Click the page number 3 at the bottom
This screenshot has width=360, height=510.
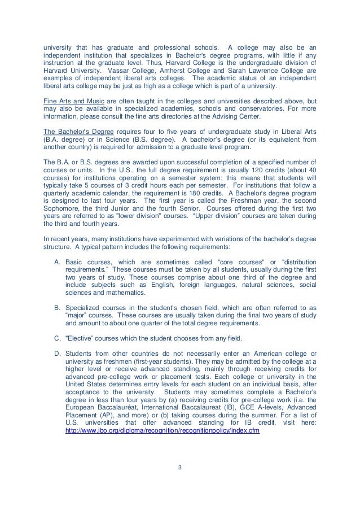[180, 467]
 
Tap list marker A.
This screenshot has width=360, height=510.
[57, 263]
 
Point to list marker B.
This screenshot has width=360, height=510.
[57, 308]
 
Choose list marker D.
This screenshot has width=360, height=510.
[57, 353]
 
